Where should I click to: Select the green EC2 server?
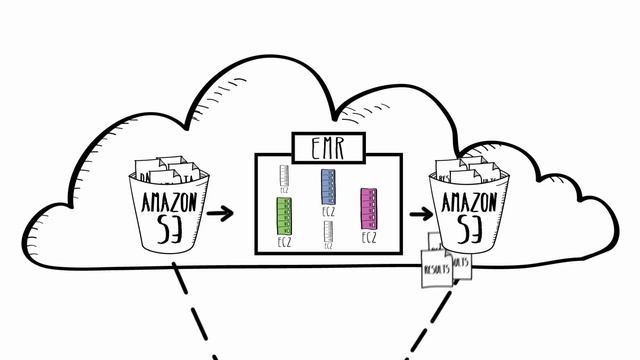(283, 215)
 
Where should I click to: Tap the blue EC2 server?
(327, 187)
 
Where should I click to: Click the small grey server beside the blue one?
(285, 178)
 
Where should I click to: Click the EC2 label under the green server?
(283, 241)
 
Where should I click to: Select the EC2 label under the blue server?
(327, 212)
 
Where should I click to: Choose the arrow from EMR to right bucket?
(419, 212)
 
